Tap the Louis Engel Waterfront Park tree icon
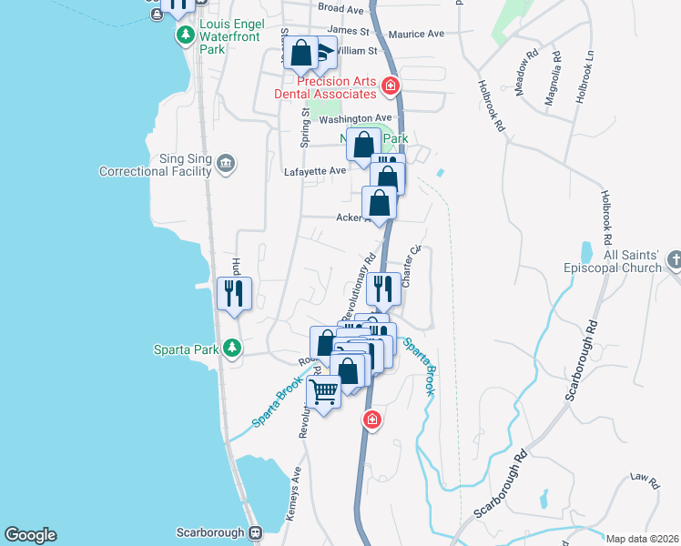tap(185, 35)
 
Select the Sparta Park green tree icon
tap(232, 348)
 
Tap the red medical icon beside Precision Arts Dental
tap(391, 86)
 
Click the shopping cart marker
tap(323, 392)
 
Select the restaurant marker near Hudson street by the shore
tap(235, 294)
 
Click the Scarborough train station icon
tap(256, 532)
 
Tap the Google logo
tap(30, 535)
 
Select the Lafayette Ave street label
tap(315, 170)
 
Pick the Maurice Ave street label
tap(416, 34)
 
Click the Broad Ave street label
tap(341, 8)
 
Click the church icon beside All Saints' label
tap(673, 261)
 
